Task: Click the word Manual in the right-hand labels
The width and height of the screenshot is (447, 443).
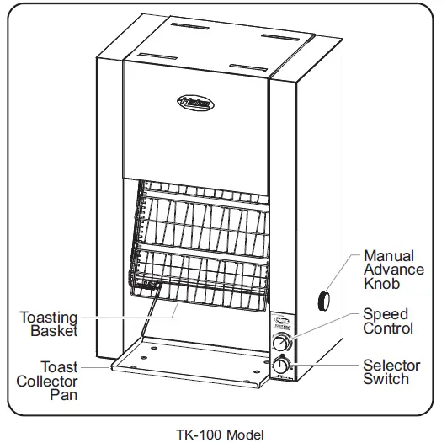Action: click(388, 255)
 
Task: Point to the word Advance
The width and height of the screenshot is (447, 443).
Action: click(392, 270)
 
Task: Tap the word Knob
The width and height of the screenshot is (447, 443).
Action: click(380, 284)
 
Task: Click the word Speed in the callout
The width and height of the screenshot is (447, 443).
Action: click(386, 314)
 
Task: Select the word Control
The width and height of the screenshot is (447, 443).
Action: click(388, 328)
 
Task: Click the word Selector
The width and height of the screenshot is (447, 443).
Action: click(391, 366)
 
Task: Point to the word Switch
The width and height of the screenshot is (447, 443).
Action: click(386, 380)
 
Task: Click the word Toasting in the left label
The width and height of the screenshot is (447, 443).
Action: click(49, 318)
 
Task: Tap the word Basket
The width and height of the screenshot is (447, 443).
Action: click(54, 332)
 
